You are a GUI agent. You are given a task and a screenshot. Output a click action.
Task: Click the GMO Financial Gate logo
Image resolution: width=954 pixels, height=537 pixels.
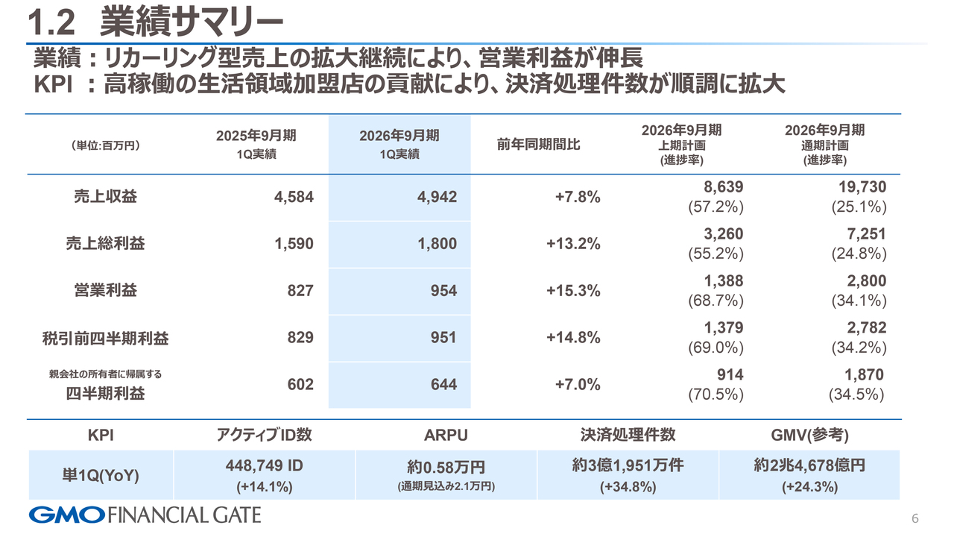click(145, 514)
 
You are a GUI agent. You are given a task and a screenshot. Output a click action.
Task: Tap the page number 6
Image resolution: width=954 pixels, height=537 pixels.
click(915, 518)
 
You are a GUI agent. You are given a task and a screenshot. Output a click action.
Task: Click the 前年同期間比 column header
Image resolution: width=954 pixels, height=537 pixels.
click(538, 145)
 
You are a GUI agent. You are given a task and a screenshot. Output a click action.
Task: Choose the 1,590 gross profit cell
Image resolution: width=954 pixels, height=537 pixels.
click(294, 244)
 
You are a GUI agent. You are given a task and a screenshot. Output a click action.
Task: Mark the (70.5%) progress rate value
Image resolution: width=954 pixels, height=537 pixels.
click(715, 394)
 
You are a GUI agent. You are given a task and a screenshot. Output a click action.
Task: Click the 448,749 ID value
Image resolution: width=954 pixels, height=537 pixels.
click(264, 466)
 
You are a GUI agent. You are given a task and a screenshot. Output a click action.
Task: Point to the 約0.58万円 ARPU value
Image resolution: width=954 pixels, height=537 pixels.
click(446, 467)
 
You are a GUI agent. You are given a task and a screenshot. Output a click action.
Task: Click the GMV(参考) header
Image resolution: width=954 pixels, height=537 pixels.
click(809, 435)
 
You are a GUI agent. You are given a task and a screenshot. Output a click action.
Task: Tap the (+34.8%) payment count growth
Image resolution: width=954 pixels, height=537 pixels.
click(628, 487)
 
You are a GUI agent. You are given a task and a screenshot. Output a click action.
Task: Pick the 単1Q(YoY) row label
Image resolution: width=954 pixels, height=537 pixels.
click(101, 475)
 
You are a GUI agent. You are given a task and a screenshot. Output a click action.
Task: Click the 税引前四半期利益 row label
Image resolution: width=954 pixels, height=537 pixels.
click(105, 338)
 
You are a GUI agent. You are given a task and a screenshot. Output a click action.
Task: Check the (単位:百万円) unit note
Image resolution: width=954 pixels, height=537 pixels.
click(105, 145)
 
